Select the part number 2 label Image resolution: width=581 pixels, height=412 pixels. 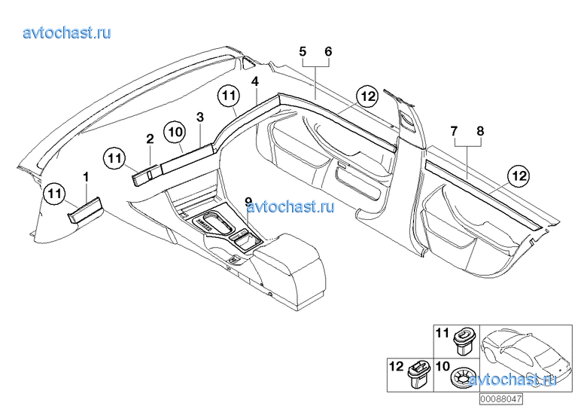150,139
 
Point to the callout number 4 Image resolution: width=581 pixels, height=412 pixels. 255,81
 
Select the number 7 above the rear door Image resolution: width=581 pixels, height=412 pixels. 454,131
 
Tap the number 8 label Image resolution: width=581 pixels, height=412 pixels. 480,131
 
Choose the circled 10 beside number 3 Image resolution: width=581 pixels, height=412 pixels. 174,132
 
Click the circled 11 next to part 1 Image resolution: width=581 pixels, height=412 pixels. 54,194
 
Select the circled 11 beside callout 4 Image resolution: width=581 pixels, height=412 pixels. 229,96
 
